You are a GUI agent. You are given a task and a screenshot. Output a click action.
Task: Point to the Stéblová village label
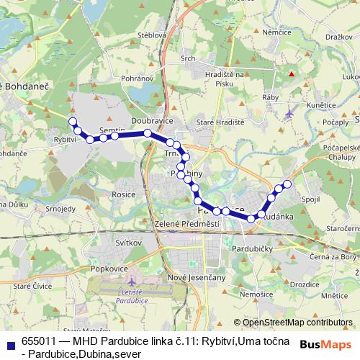(152, 34)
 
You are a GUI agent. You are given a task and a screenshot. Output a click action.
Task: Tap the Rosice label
(123, 194)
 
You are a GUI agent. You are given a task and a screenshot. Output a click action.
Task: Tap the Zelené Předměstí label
(186, 225)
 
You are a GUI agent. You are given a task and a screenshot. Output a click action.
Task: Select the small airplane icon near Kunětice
(289, 112)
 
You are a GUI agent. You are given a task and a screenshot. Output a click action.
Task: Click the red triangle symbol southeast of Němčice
(292, 73)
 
